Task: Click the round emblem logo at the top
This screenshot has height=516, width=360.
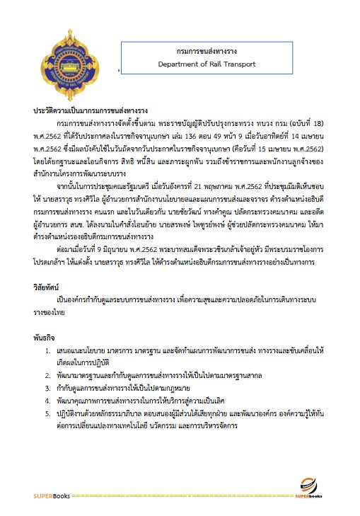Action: tap(68, 61)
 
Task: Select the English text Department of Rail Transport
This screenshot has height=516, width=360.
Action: tap(207, 64)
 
